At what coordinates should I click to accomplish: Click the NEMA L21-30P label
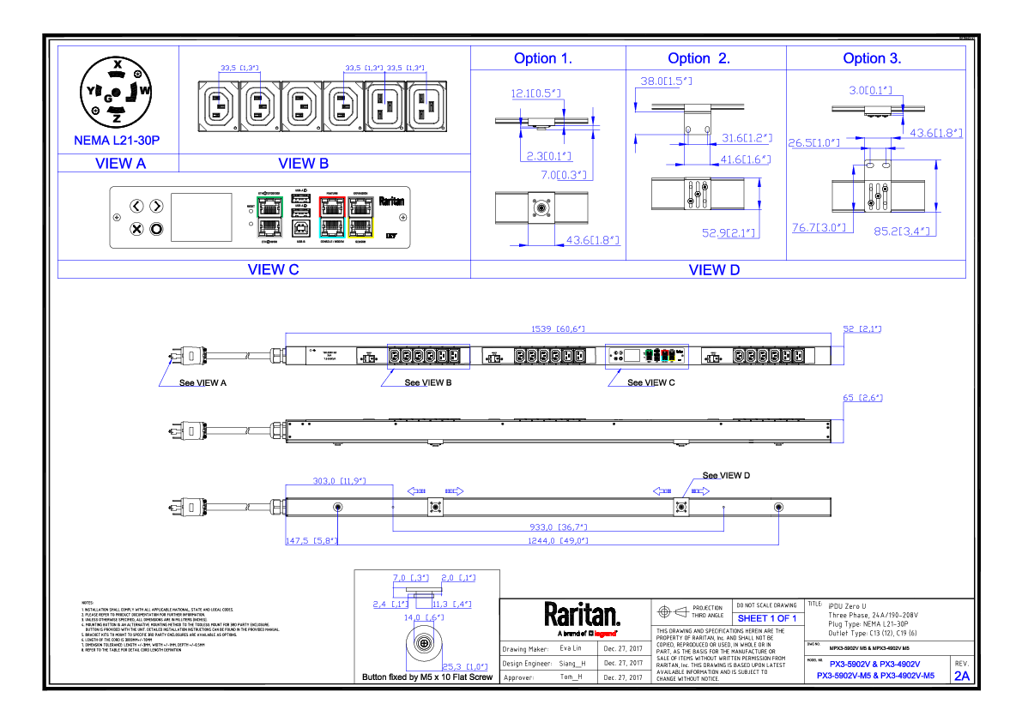point(118,140)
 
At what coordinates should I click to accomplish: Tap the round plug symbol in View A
point(117,93)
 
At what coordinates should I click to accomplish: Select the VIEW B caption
point(303,163)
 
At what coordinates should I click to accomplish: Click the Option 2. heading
point(698,58)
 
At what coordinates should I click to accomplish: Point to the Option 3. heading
point(872,58)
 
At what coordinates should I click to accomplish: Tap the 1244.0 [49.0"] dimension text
point(559,541)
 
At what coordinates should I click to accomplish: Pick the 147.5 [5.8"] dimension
point(311,541)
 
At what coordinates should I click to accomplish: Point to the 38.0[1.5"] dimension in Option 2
point(666,81)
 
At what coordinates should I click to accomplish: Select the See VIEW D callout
point(726,475)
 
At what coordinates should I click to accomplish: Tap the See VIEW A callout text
point(203,382)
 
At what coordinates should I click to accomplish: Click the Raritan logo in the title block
point(581,616)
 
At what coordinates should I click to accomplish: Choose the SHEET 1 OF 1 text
point(767,618)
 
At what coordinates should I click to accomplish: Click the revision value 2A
point(962,676)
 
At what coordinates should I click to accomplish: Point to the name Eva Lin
point(570,648)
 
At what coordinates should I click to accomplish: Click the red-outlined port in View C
point(330,207)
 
